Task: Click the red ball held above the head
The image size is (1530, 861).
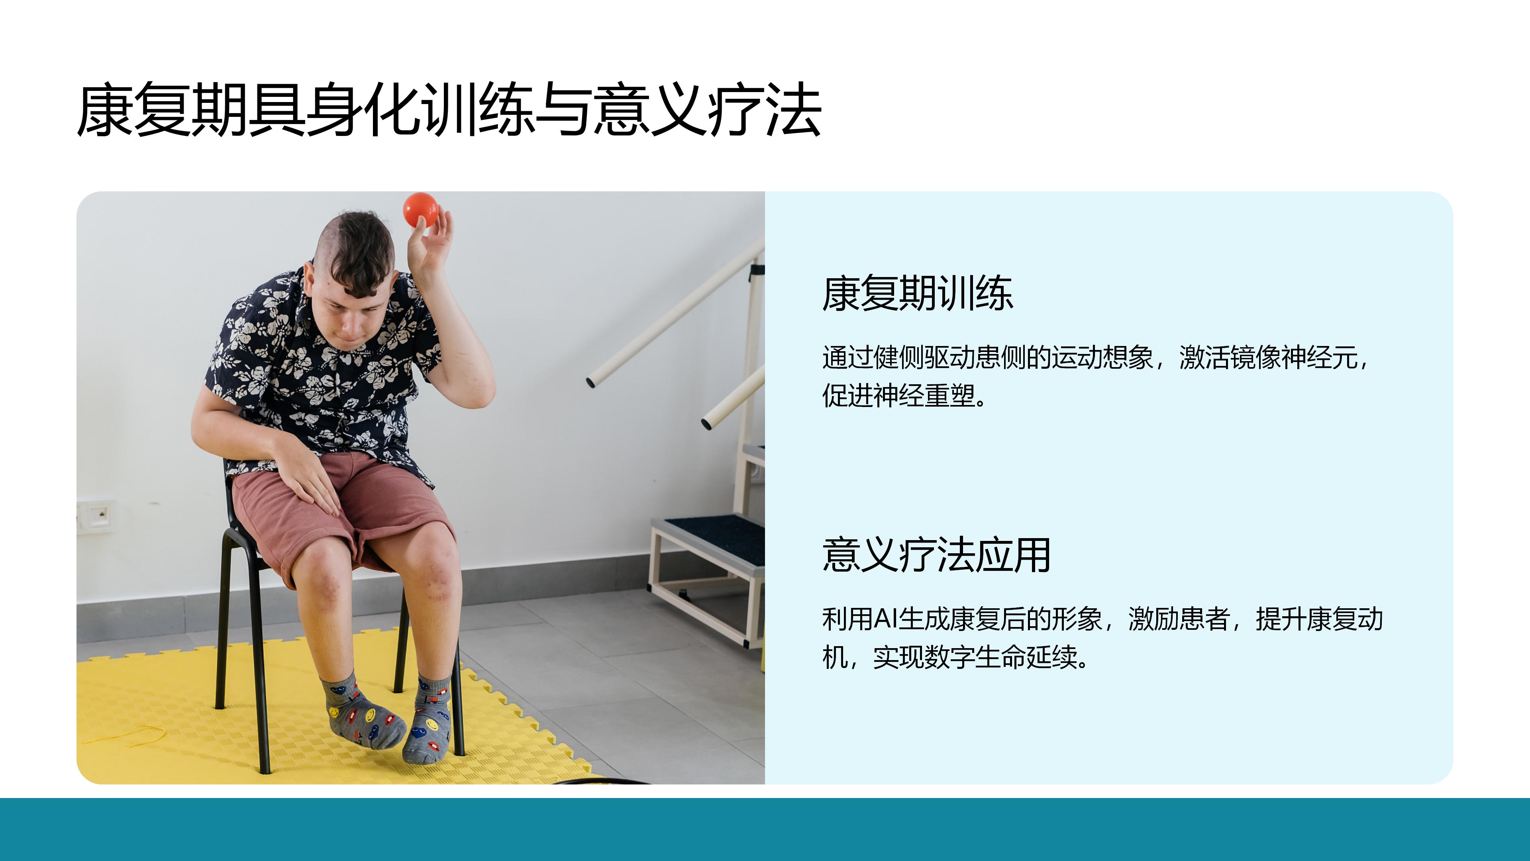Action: point(420,210)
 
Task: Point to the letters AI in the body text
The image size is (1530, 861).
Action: point(886,619)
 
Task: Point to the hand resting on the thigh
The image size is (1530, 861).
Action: point(306,476)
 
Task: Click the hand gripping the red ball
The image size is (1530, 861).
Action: point(429,243)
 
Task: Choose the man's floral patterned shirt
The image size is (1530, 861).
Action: point(321,374)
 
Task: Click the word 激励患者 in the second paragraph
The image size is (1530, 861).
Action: point(1179,619)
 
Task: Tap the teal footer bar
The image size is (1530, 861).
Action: point(765,830)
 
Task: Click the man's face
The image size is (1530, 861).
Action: point(351,312)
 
